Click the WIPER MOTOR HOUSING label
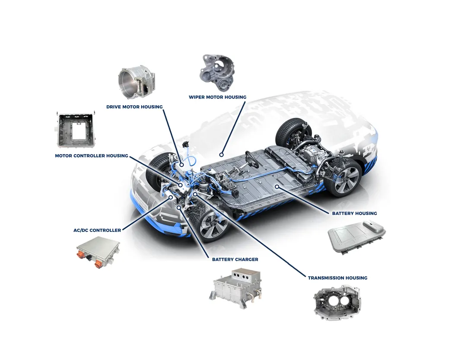pyautogui.click(x=217, y=97)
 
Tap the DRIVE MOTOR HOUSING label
pyautogui.click(x=134, y=107)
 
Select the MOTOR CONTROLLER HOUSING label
pyautogui.click(x=92, y=156)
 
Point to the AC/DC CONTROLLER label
pyautogui.click(x=97, y=230)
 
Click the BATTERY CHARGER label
pyautogui.click(x=235, y=259)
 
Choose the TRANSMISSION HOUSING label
pyautogui.click(x=337, y=278)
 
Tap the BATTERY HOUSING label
pyautogui.click(x=354, y=213)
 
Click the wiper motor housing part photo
pyautogui.click(x=216, y=73)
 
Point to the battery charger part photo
pyautogui.click(x=238, y=286)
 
